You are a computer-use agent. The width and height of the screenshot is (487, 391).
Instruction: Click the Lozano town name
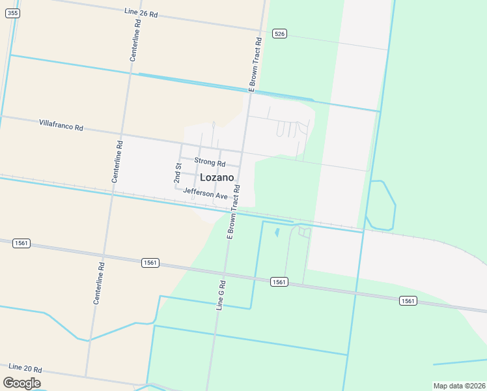click(x=217, y=177)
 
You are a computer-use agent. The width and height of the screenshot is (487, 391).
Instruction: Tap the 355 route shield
click(x=14, y=12)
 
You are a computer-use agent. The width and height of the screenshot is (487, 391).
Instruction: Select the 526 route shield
click(x=279, y=34)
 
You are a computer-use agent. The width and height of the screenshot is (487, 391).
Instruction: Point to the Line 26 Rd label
click(x=141, y=12)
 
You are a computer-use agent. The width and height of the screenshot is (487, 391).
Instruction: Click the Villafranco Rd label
click(x=61, y=124)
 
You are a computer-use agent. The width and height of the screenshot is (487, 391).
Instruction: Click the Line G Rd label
click(x=221, y=295)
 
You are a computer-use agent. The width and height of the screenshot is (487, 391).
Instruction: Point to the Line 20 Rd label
click(x=25, y=368)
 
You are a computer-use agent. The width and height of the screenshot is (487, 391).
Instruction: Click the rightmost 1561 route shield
click(x=408, y=300)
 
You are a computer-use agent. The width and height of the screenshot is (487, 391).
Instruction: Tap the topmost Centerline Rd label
click(x=135, y=40)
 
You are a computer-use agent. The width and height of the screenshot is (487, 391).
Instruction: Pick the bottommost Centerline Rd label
click(x=98, y=283)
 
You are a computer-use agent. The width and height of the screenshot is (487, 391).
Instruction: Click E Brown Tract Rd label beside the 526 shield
click(x=254, y=63)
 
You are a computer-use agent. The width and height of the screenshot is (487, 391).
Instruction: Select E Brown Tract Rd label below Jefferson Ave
click(x=233, y=212)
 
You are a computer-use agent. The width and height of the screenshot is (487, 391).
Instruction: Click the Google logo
click(x=22, y=383)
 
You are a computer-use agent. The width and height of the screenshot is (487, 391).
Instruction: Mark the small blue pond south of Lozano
click(x=277, y=231)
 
